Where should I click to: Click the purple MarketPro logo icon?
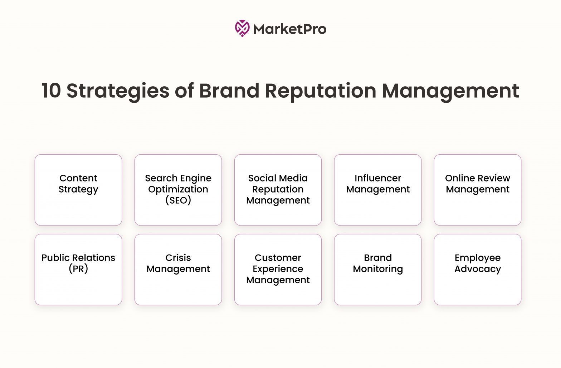coord(242,29)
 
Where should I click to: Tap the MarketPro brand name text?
coord(290,29)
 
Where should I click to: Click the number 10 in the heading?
coord(51,90)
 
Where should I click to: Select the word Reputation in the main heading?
coord(321,91)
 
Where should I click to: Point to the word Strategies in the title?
coord(118,91)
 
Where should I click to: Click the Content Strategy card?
coord(78,190)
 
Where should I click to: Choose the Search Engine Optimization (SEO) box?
coord(178,190)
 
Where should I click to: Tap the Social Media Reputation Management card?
coord(278,190)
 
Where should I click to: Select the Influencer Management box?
coord(378,190)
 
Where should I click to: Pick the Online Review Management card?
coord(478,190)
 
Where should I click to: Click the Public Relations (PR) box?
coord(78,270)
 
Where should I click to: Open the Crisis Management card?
coord(178,270)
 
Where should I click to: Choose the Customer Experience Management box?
coord(278,270)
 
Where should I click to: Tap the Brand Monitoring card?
coord(378,270)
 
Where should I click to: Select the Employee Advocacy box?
coord(478,270)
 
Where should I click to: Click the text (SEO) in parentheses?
coord(178,200)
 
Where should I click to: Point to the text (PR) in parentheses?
coord(78,269)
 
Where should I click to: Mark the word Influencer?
coord(378,178)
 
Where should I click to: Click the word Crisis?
coord(178,258)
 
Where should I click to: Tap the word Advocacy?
coord(478,269)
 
